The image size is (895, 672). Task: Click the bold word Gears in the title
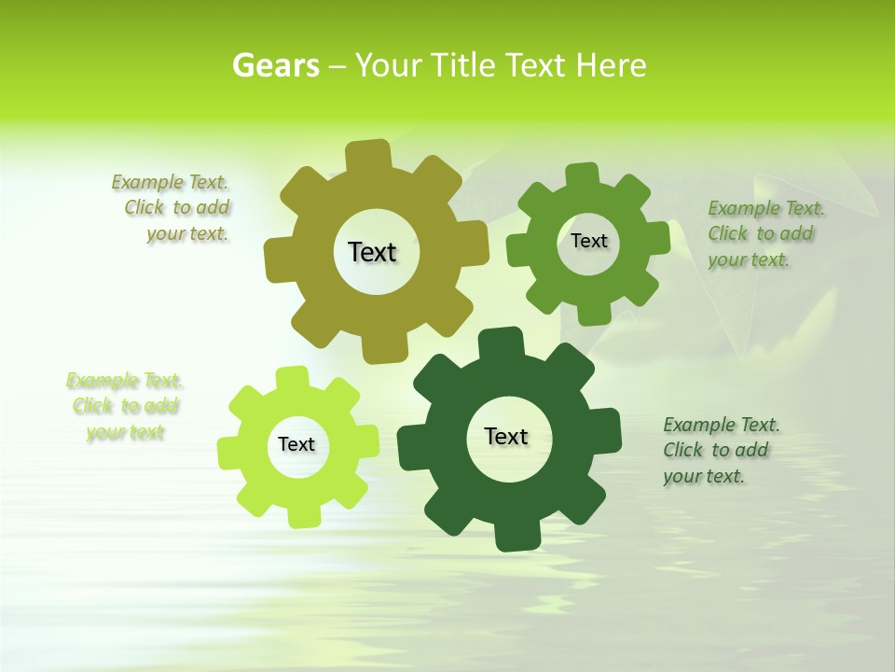point(275,65)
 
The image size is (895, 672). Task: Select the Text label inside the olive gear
point(372,252)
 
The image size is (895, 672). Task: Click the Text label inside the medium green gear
point(588,241)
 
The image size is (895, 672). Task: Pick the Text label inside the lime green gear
point(296,444)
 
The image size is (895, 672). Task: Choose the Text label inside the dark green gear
point(506,436)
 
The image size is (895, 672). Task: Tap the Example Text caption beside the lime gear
point(125,406)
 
